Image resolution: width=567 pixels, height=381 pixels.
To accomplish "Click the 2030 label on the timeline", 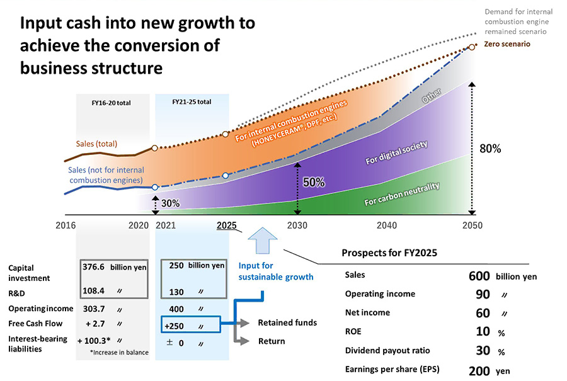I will coord(298,225).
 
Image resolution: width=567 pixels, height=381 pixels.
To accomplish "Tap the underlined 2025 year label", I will coord(227,225).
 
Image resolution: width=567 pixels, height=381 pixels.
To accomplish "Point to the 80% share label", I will coord(490,149).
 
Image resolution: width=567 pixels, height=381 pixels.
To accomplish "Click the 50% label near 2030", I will coord(314,183).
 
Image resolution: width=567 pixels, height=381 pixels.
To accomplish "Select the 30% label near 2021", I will coord(170,203).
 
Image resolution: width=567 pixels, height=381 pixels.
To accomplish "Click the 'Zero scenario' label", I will coord(507,45).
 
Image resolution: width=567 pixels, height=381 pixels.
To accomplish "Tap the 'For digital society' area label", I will coord(397,153).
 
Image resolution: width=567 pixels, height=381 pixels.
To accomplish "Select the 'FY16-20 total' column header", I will coord(112,102).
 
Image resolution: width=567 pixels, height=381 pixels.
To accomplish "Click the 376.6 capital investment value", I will coord(93,266).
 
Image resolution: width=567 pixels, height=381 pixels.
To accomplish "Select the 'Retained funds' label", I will coord(287,322).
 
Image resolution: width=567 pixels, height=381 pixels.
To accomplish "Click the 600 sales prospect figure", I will coord(479,276).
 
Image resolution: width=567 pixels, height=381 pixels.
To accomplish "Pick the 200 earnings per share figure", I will coord(479,371).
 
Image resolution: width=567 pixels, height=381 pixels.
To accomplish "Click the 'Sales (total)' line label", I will coord(96,144).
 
